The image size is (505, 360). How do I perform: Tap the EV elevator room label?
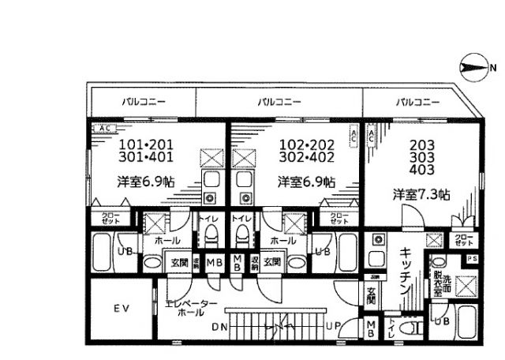click(122, 306)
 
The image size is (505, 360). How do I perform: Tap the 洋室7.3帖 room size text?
click(422, 193)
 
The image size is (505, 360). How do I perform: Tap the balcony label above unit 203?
click(417, 102)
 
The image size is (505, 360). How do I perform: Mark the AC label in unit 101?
click(101, 127)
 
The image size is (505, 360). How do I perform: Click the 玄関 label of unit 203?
click(372, 301)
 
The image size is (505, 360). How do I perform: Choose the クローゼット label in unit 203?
click(466, 239)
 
